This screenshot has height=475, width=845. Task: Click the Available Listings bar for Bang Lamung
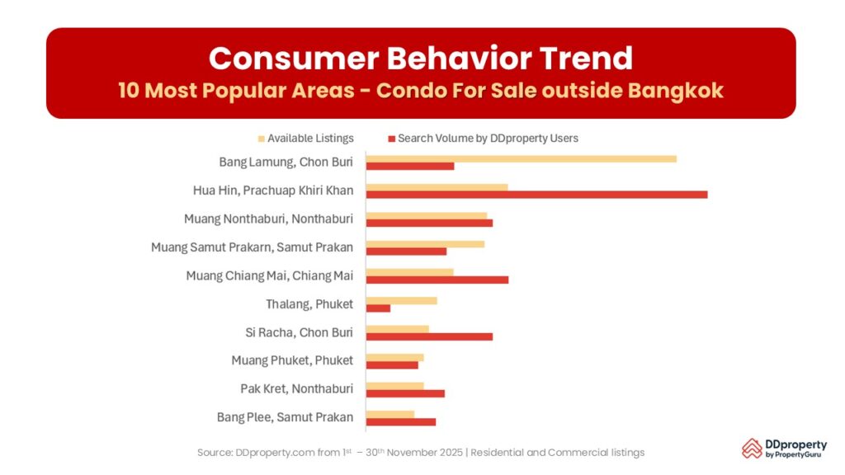pyautogui.click(x=521, y=158)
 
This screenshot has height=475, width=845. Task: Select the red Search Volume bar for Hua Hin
pyautogui.click(x=536, y=195)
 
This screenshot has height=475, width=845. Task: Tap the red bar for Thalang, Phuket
pyautogui.click(x=378, y=308)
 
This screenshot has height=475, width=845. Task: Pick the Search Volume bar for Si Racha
pyautogui.click(x=429, y=336)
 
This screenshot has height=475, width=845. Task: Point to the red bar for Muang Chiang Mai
pyautogui.click(x=437, y=280)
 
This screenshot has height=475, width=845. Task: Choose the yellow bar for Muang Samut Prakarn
pyautogui.click(x=425, y=243)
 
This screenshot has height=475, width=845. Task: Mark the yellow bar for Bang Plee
pyautogui.click(x=390, y=414)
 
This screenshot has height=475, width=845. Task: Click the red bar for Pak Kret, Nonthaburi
pyautogui.click(x=405, y=393)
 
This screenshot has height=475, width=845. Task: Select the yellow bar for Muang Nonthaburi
pyautogui.click(x=427, y=215)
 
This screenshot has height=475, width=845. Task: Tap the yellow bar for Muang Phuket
pyautogui.click(x=394, y=357)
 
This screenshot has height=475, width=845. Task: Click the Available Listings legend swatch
pyautogui.click(x=262, y=139)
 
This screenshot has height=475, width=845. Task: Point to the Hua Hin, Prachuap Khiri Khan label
pyautogui.click(x=273, y=190)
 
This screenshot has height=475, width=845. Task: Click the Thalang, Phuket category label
pyautogui.click(x=309, y=304)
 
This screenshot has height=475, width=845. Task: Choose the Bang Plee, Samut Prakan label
pyautogui.click(x=285, y=417)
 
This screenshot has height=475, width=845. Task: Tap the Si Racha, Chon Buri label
pyautogui.click(x=299, y=332)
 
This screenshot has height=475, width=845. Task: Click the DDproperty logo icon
pyautogui.click(x=752, y=448)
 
